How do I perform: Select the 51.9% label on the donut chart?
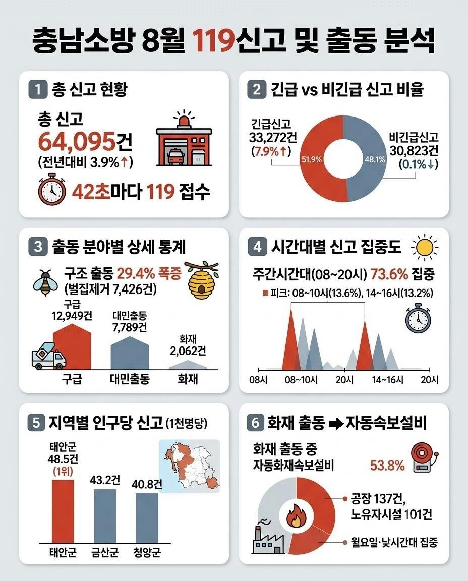point(312,160)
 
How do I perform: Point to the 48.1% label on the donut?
point(375,160)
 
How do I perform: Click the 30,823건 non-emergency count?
point(414,150)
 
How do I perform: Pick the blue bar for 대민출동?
point(130,353)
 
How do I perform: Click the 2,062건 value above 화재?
point(188,351)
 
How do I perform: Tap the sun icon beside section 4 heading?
point(424,247)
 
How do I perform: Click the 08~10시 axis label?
point(301,380)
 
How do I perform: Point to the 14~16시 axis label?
point(388,380)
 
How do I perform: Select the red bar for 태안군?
point(63,511)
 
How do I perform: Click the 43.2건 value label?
point(105,480)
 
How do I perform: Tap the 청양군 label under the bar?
point(147,553)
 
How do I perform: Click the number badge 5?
point(36,423)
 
